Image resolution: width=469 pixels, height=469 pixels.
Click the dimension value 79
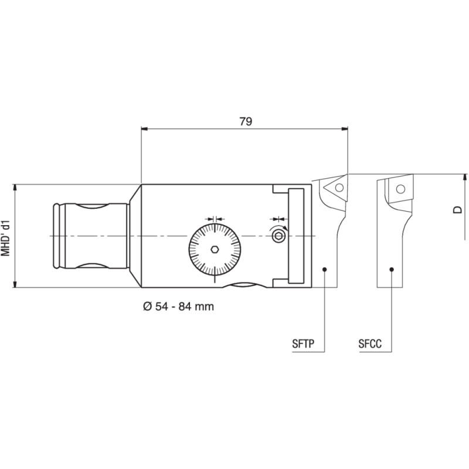pyautogui.click(x=246, y=121)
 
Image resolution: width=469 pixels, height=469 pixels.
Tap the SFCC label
pyautogui.click(x=370, y=344)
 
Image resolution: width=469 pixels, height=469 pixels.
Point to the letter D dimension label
pyautogui.click(x=459, y=209)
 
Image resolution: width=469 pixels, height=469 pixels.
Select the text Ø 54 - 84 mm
pyautogui.click(x=178, y=307)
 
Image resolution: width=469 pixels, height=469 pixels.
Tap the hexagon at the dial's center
pyautogui.click(x=215, y=249)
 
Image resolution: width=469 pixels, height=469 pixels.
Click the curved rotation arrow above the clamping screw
pyautogui.click(x=278, y=225)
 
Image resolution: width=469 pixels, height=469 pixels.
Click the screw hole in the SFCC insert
pyautogui.click(x=400, y=189)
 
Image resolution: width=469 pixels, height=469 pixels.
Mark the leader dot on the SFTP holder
pyautogui.click(x=325, y=269)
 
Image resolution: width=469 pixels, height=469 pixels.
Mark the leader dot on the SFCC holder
pyautogui.click(x=392, y=269)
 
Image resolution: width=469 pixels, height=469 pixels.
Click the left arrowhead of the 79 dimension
pyautogui.click(x=145, y=128)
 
